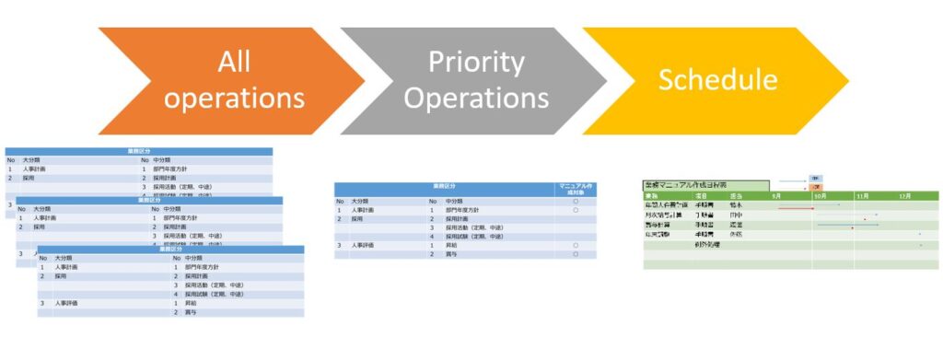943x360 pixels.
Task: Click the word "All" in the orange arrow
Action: pyautogui.click(x=234, y=62)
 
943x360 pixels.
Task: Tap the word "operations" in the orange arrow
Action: pyautogui.click(x=234, y=97)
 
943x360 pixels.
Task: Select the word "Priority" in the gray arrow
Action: pyautogui.click(x=476, y=62)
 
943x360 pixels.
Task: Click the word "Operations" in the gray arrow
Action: pyautogui.click(x=476, y=97)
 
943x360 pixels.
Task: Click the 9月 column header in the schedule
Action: pyautogui.click(x=776, y=196)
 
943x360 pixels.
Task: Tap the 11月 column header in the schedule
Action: pyautogui.click(x=863, y=196)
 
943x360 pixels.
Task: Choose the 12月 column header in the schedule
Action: pyautogui.click(x=904, y=196)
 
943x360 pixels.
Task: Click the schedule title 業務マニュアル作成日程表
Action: pyautogui.click(x=690, y=185)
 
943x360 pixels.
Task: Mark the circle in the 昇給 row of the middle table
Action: pyautogui.click(x=576, y=245)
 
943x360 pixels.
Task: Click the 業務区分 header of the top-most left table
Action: pyautogui.click(x=139, y=150)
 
